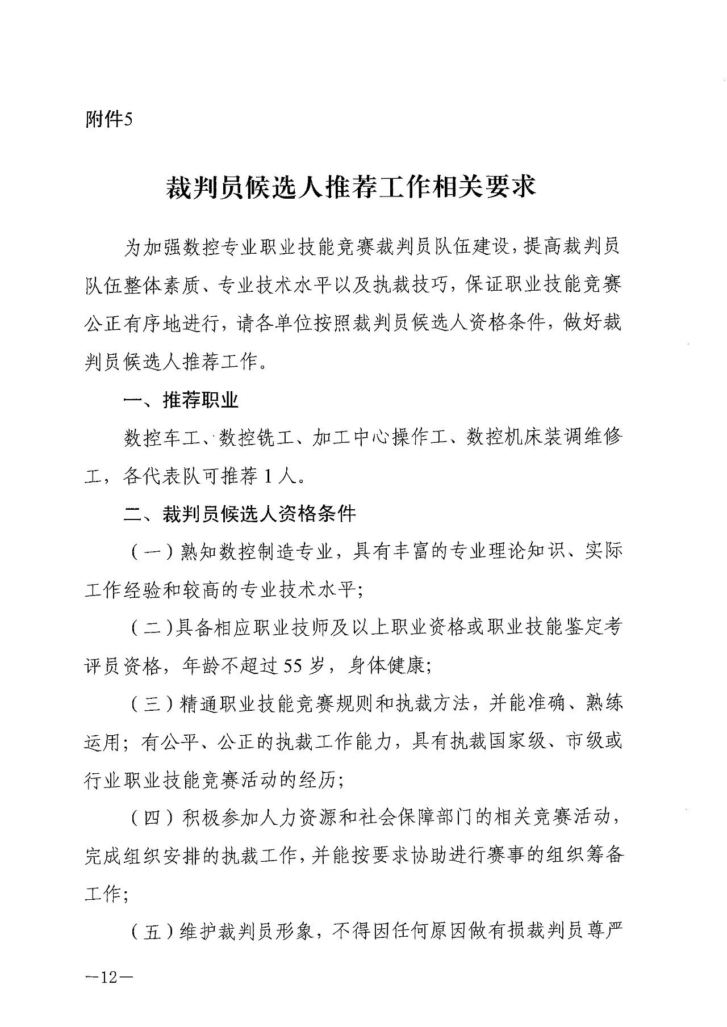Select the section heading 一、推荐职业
[181, 400]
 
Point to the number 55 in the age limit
[295, 665]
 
